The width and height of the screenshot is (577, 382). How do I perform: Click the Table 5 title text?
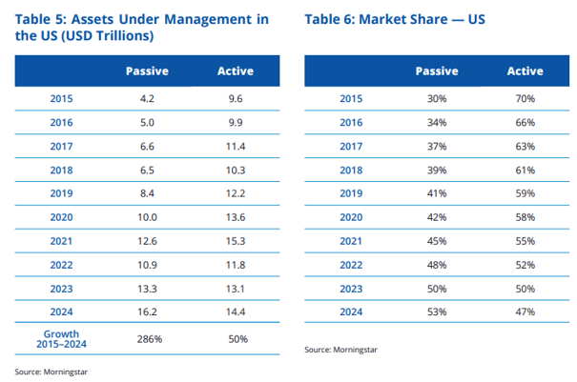(142, 28)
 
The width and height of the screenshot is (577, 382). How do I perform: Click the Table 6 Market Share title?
(395, 19)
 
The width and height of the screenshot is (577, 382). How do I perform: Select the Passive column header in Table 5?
(147, 70)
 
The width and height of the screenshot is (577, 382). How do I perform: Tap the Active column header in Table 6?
(525, 70)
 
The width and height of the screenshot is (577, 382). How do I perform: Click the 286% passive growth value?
(150, 339)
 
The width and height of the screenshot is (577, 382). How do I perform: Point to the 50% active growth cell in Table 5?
(238, 339)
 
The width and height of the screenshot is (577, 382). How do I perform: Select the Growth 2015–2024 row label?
(61, 339)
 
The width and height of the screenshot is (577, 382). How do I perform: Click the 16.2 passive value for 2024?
(147, 312)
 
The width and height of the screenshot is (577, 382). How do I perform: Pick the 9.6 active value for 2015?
(236, 98)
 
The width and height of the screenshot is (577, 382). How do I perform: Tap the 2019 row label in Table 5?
(61, 193)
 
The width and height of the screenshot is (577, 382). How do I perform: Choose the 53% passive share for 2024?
(437, 312)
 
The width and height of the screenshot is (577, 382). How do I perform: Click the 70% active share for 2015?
(525, 98)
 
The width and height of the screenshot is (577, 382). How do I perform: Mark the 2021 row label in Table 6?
(351, 241)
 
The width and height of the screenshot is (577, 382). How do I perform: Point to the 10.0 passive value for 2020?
(147, 217)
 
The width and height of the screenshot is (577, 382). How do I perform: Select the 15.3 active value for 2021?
(236, 241)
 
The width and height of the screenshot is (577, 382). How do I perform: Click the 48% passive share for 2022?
(437, 265)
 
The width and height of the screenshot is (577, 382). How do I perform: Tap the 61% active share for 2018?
(525, 171)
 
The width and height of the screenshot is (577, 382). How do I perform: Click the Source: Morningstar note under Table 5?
(52, 372)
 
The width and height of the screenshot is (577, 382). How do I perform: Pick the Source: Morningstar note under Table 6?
(340, 350)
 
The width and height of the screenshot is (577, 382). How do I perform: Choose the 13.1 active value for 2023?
(236, 289)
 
